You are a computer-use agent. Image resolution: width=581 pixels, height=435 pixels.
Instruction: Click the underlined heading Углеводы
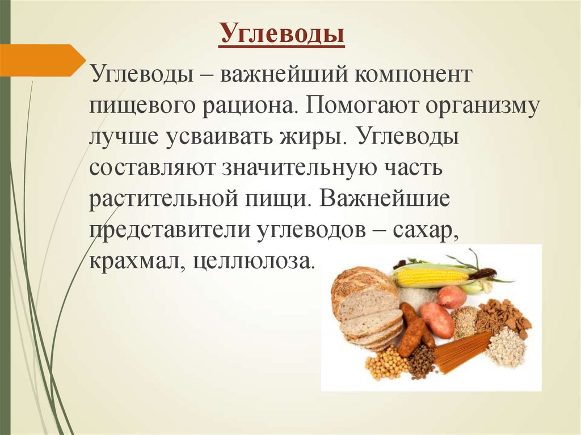click(282, 33)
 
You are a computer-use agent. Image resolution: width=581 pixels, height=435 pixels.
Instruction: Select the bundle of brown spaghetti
click(460, 352)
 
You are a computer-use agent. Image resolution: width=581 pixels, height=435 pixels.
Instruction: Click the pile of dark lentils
click(420, 362)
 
